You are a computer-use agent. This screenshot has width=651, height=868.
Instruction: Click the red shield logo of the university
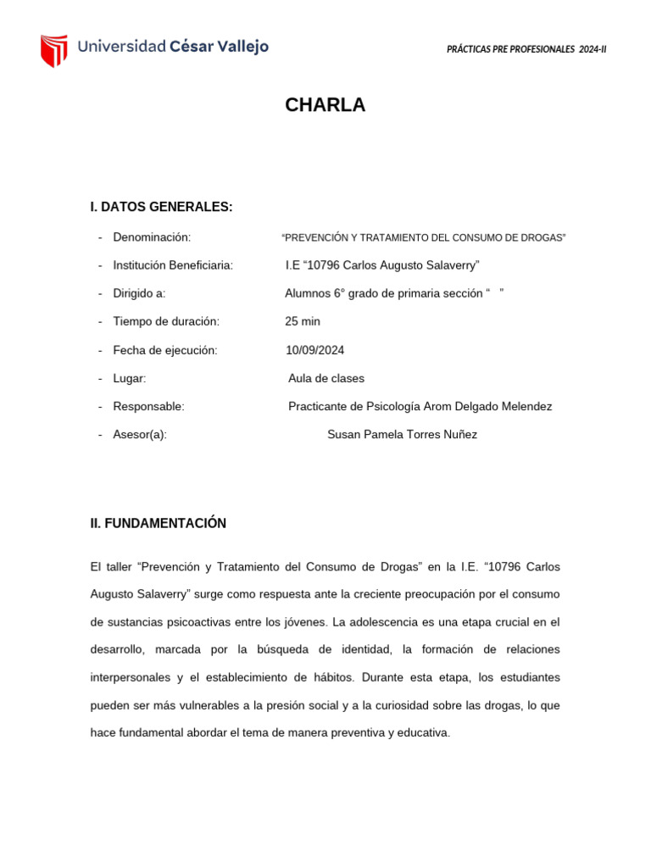(53, 50)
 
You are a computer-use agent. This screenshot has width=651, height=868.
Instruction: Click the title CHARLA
(325, 105)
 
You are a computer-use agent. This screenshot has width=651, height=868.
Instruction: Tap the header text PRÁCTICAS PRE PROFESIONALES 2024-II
(526, 49)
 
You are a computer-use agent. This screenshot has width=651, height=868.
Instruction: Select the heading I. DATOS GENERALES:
(161, 208)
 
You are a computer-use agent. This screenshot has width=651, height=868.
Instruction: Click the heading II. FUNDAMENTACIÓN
(158, 524)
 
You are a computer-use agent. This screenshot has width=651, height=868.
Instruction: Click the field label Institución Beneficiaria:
(173, 265)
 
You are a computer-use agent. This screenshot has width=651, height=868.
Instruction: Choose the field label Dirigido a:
(139, 293)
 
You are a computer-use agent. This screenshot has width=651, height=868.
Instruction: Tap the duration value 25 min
(303, 321)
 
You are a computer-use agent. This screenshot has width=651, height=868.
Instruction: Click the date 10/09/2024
(315, 350)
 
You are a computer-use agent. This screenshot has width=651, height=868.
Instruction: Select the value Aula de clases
(326, 378)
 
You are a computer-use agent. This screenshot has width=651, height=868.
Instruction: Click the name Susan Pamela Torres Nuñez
(402, 434)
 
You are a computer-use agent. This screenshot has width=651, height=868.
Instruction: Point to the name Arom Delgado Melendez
(485, 406)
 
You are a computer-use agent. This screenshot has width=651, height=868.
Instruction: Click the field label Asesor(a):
(140, 434)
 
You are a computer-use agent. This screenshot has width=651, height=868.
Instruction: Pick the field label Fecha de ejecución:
(164, 350)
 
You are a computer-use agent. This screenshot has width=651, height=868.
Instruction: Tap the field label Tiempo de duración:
(166, 321)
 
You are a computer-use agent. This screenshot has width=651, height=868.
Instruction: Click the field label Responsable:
(148, 406)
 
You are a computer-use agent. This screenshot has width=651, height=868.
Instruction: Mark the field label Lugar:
(130, 378)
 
